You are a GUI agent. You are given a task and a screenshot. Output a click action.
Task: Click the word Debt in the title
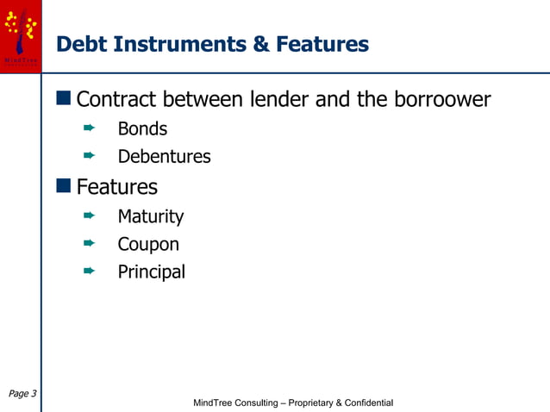(x=80, y=44)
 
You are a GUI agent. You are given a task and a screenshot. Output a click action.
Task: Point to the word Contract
(x=117, y=100)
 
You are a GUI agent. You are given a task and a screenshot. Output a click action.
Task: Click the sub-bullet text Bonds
(x=142, y=129)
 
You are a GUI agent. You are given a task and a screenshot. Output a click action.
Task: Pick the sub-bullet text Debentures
(x=164, y=157)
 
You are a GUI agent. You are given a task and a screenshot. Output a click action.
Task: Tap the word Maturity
(x=151, y=216)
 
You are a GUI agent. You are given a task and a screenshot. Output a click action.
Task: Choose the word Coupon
(x=148, y=244)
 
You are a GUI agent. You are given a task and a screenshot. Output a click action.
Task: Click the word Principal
(x=152, y=272)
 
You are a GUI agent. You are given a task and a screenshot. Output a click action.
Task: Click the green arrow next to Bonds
(x=88, y=128)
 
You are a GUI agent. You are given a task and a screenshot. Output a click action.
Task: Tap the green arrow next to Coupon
(x=88, y=243)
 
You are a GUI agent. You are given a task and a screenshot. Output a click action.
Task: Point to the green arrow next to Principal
(x=88, y=271)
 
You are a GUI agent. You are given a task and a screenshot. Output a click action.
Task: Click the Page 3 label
(x=22, y=394)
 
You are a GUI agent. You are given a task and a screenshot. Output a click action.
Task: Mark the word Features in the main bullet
(x=117, y=187)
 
